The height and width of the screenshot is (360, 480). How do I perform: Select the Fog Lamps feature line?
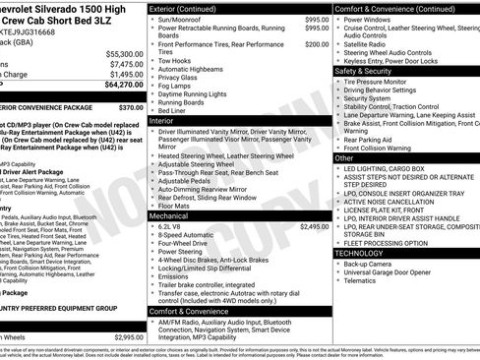click(178, 86)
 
